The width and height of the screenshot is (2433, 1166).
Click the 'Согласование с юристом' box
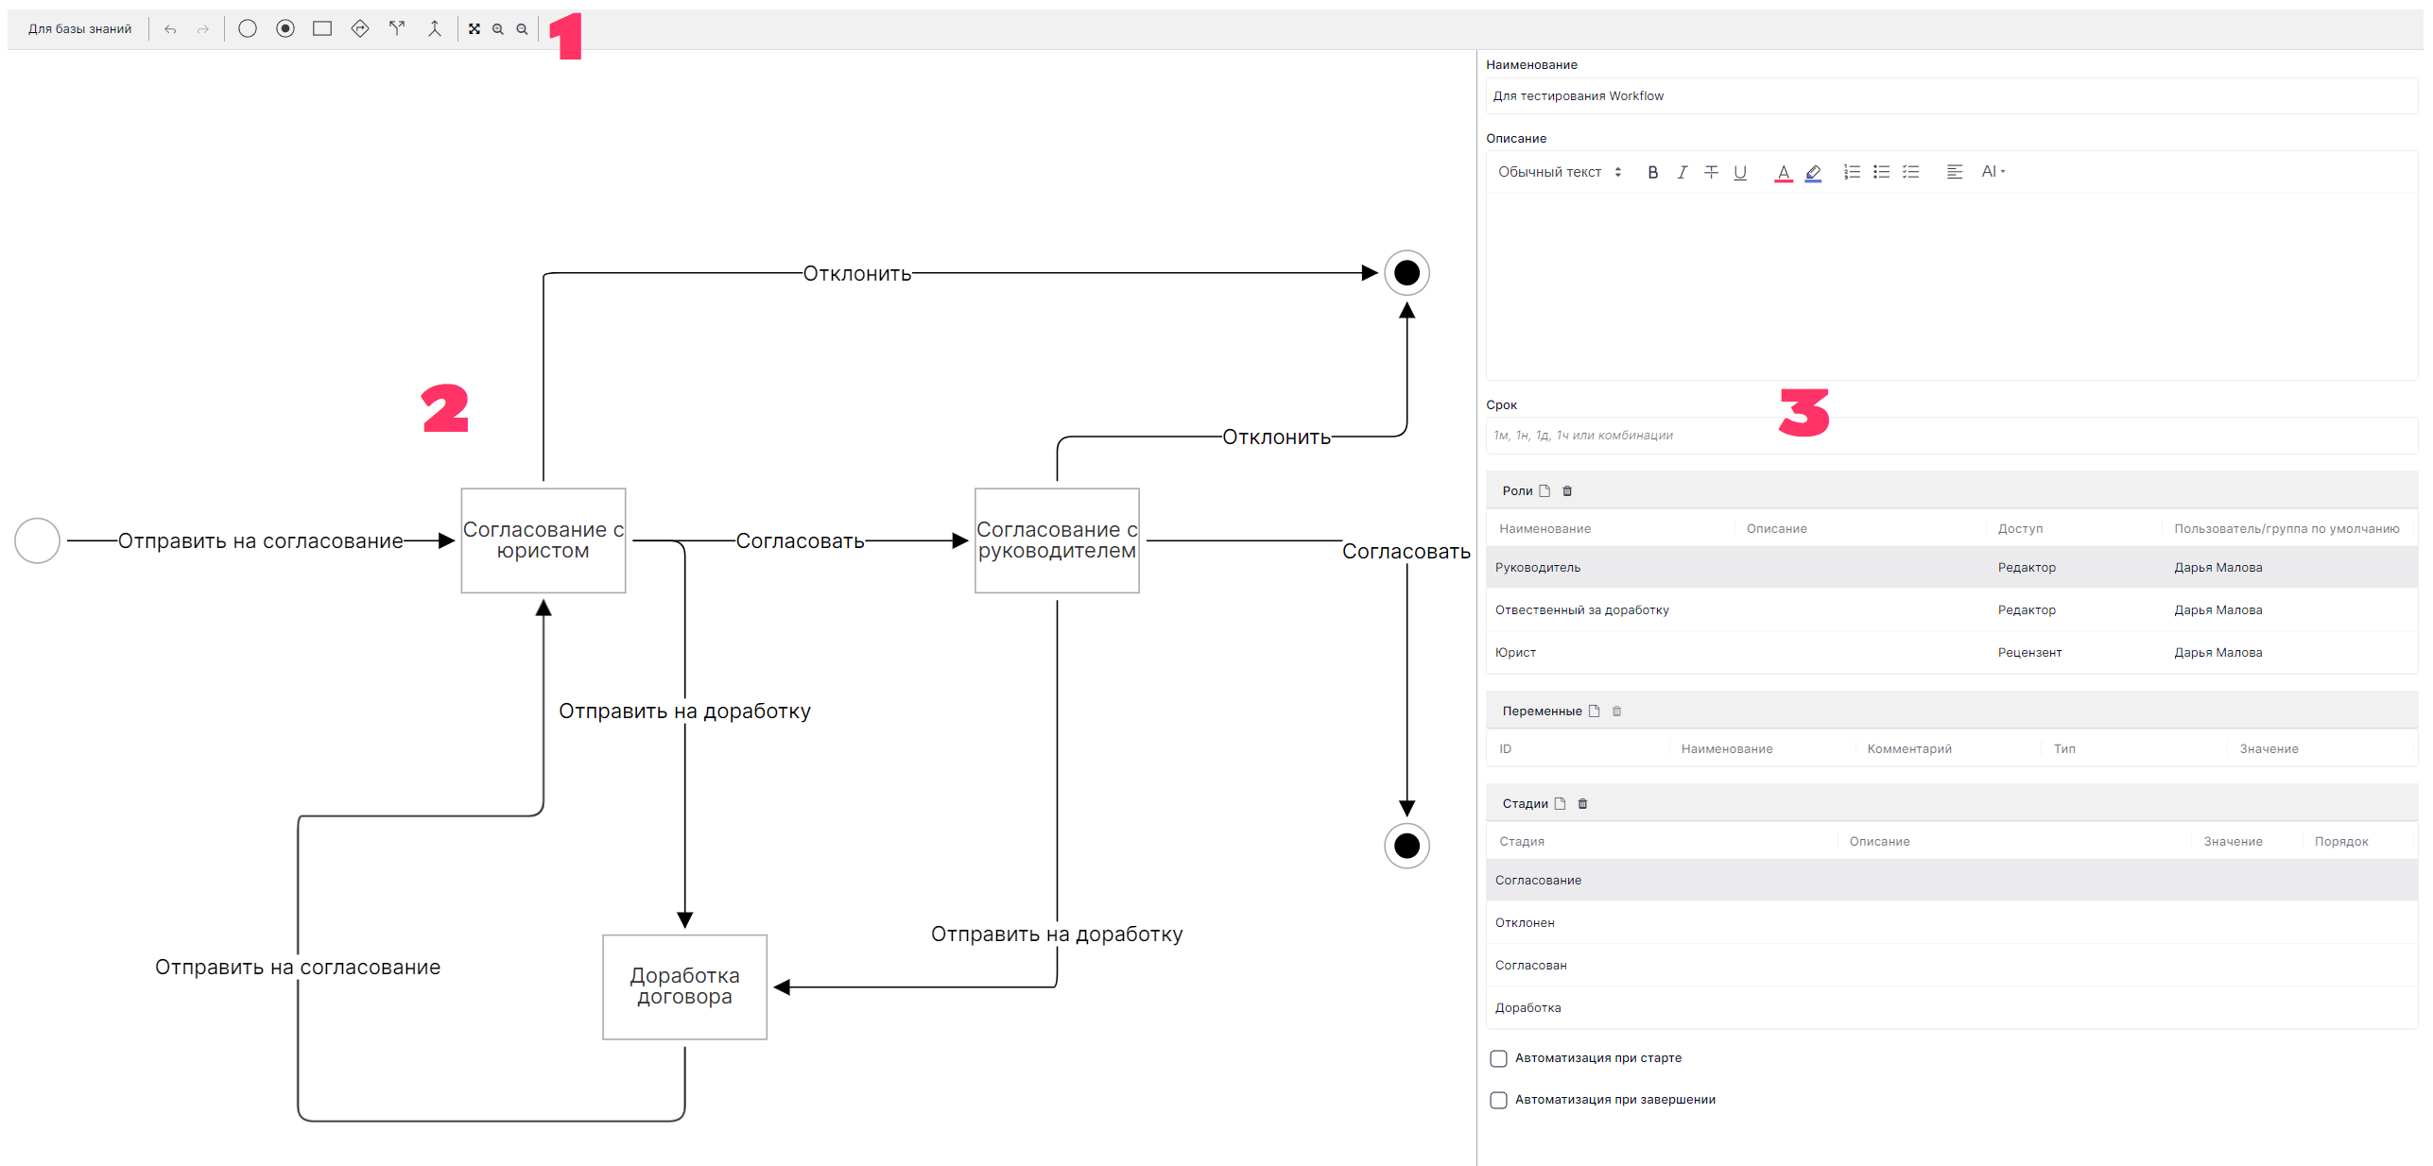(543, 540)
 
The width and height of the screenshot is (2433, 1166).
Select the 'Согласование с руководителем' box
(1057, 540)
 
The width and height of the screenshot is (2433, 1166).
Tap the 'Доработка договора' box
(684, 986)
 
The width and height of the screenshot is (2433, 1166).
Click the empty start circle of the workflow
(38, 540)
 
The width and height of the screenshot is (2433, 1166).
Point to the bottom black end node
(1406, 846)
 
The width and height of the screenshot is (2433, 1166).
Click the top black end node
(1406, 273)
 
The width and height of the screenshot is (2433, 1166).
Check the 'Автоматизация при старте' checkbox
(1498, 1058)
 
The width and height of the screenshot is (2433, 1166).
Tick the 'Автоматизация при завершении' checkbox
(1498, 1100)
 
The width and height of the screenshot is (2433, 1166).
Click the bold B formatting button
(1652, 172)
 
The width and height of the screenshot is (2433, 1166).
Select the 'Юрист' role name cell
(1515, 653)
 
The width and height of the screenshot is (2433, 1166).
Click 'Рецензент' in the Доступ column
(2029, 653)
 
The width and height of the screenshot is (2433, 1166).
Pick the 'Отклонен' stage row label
(1525, 923)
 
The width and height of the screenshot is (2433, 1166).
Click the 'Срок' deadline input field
(1951, 436)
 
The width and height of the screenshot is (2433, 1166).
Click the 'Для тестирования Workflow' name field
(1951, 96)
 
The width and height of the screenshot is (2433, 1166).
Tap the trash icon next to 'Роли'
(1567, 491)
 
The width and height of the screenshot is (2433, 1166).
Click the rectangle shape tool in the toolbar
(322, 29)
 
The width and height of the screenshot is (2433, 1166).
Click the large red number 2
(445, 408)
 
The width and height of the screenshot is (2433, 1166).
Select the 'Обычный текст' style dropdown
(1560, 172)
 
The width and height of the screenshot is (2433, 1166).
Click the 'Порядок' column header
(2340, 842)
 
